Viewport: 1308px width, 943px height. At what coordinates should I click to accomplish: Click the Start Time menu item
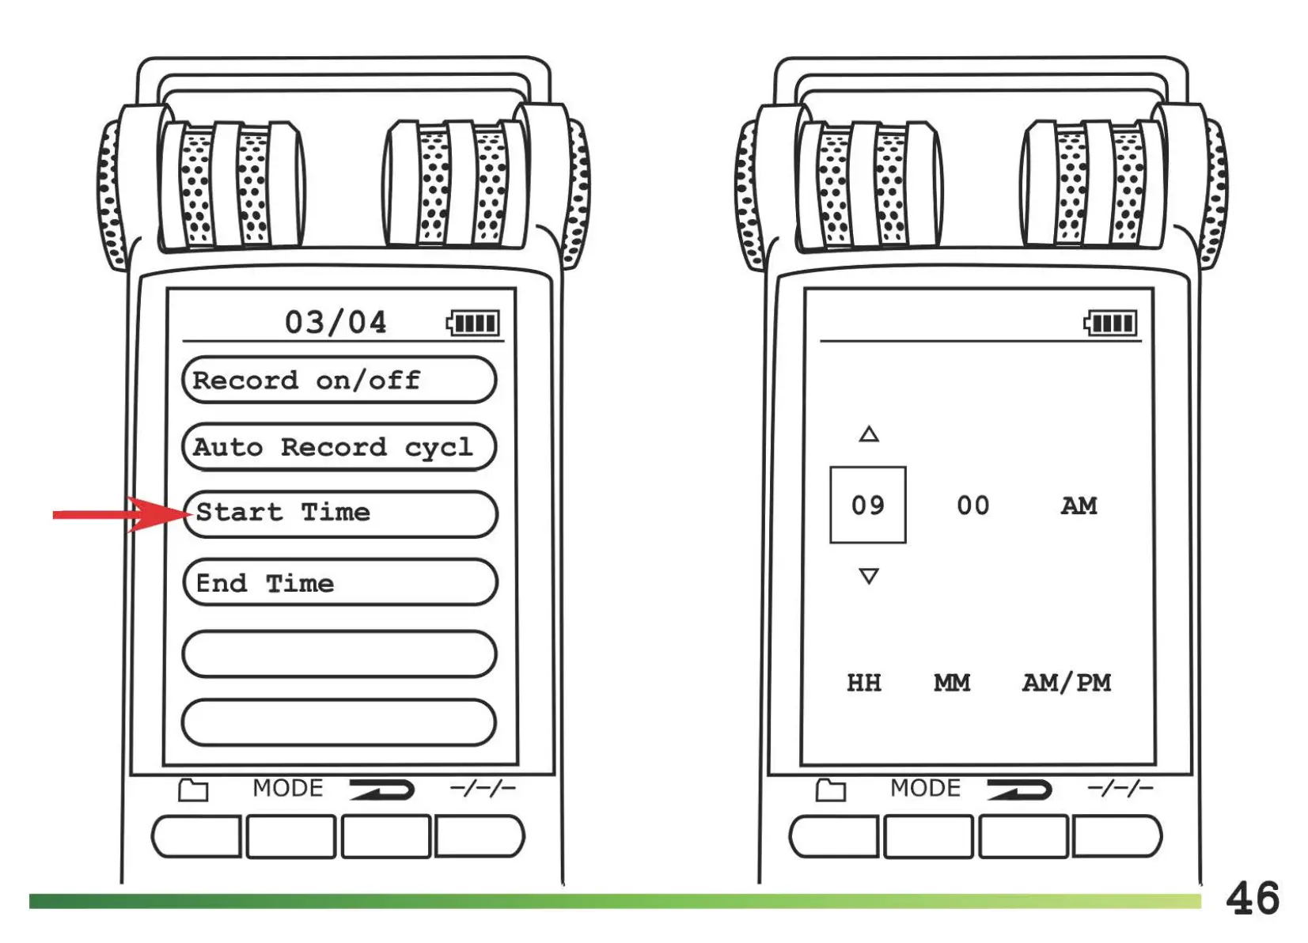(x=340, y=513)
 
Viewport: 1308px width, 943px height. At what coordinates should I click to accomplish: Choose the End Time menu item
(x=340, y=583)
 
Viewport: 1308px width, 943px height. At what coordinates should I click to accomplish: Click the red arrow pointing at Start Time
(x=119, y=514)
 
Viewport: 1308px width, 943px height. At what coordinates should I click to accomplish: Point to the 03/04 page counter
(x=336, y=323)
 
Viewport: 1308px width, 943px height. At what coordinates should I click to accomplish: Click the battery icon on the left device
(x=473, y=323)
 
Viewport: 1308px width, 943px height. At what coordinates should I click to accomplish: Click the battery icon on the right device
(x=1110, y=323)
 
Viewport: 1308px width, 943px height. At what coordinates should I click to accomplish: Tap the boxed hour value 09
(x=867, y=505)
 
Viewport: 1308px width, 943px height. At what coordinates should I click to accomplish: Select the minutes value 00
(x=972, y=506)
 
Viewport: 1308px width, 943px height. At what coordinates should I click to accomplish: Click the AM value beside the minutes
(x=1079, y=506)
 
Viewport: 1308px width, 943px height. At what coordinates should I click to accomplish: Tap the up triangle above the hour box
(x=869, y=434)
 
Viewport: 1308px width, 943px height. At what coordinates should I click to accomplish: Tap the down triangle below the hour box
(x=869, y=576)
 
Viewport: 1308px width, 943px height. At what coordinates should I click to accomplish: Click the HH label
(x=863, y=682)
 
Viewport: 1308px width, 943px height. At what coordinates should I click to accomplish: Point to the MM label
(x=951, y=682)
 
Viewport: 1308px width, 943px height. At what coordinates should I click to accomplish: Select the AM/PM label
(x=1066, y=682)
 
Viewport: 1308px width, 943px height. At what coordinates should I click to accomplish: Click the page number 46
(x=1252, y=899)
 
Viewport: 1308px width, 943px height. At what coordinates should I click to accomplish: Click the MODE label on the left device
(x=288, y=788)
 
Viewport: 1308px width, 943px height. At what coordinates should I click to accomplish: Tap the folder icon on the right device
(x=830, y=790)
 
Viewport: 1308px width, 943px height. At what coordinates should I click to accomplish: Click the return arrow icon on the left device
(x=383, y=789)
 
